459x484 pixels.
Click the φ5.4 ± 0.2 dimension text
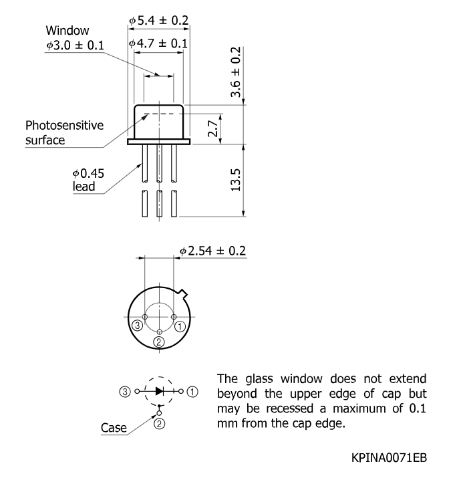[158, 20]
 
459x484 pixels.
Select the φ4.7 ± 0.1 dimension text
[158, 43]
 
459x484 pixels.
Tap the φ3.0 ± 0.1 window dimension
[75, 45]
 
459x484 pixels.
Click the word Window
[67, 31]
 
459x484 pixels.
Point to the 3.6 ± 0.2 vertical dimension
[236, 72]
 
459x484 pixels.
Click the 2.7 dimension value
[213, 128]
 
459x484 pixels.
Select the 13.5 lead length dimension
[236, 180]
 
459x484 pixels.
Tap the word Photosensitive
[64, 126]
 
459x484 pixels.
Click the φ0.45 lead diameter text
[88, 173]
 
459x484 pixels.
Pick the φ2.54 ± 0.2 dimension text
[213, 251]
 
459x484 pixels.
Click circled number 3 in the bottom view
[137, 326]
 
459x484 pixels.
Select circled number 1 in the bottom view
[180, 327]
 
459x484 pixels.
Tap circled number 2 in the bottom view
[159, 342]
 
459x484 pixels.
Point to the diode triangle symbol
[160, 391]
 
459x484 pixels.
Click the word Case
[114, 428]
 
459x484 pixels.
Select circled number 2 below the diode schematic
[159, 424]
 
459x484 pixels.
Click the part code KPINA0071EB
[389, 458]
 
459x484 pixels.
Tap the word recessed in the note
[290, 408]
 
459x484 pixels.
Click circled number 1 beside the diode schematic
[192, 392]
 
